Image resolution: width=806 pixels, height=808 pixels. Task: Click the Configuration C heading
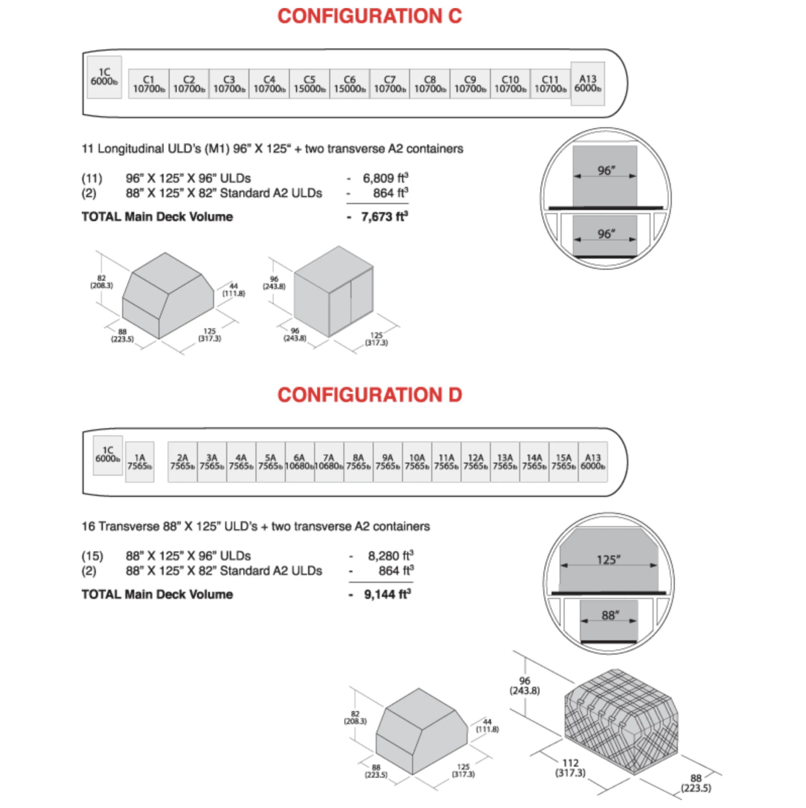tap(370, 16)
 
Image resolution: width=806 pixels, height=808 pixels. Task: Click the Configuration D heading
tap(370, 395)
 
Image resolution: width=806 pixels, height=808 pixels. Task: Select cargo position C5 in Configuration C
tap(309, 84)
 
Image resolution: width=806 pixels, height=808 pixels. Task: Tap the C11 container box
tap(550, 84)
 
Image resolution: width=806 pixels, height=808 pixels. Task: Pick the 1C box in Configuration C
tap(104, 77)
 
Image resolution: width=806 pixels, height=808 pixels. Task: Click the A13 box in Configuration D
tap(593, 462)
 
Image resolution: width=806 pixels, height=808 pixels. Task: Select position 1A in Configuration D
tap(140, 462)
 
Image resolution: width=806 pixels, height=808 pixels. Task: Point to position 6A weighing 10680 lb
tap(300, 462)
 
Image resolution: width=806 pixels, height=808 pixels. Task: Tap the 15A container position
tap(564, 462)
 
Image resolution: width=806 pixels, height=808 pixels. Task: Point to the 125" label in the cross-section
tap(609, 560)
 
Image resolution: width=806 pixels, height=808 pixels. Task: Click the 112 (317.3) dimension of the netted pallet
tap(571, 768)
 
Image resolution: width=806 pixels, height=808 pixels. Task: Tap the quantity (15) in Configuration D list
tap(92, 556)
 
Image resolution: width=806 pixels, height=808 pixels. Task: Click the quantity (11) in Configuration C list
tap(92, 179)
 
